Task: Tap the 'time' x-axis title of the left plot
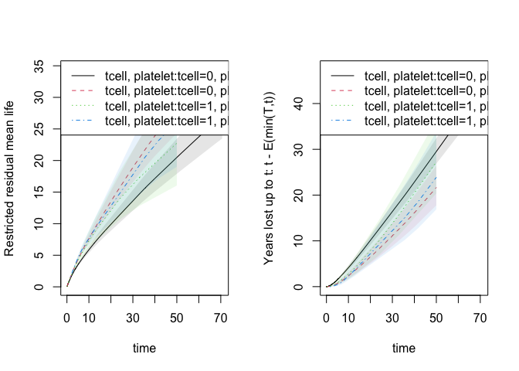point(144,349)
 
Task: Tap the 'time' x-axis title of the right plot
point(403,349)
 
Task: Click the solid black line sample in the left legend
point(83,76)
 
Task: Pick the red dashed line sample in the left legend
point(83,90)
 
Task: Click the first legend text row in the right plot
point(424,76)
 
